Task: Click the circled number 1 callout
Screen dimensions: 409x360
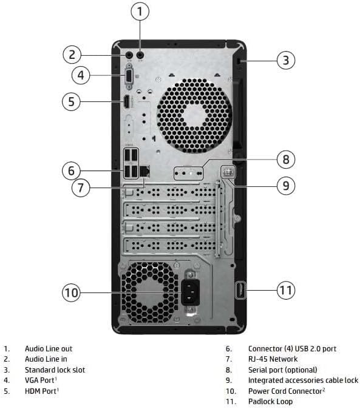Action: click(x=140, y=12)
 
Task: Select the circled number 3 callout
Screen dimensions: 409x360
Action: click(x=286, y=59)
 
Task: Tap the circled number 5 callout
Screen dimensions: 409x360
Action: click(x=72, y=101)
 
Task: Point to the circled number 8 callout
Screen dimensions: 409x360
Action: click(x=285, y=160)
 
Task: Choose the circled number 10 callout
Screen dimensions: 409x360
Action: click(x=72, y=293)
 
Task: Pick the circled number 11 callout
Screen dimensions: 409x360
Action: click(x=285, y=290)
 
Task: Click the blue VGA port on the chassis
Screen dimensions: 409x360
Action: click(x=129, y=76)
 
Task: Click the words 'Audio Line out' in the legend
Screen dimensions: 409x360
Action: click(x=49, y=349)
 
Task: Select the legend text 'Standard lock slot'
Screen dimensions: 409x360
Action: click(x=55, y=370)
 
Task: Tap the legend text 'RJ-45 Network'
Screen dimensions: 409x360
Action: click(x=273, y=359)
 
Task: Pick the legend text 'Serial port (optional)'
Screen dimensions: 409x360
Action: click(x=282, y=370)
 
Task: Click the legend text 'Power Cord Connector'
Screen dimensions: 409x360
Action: click(x=285, y=391)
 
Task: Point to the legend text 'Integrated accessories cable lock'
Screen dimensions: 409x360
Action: click(x=303, y=380)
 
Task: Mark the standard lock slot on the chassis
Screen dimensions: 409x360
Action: click(x=239, y=61)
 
